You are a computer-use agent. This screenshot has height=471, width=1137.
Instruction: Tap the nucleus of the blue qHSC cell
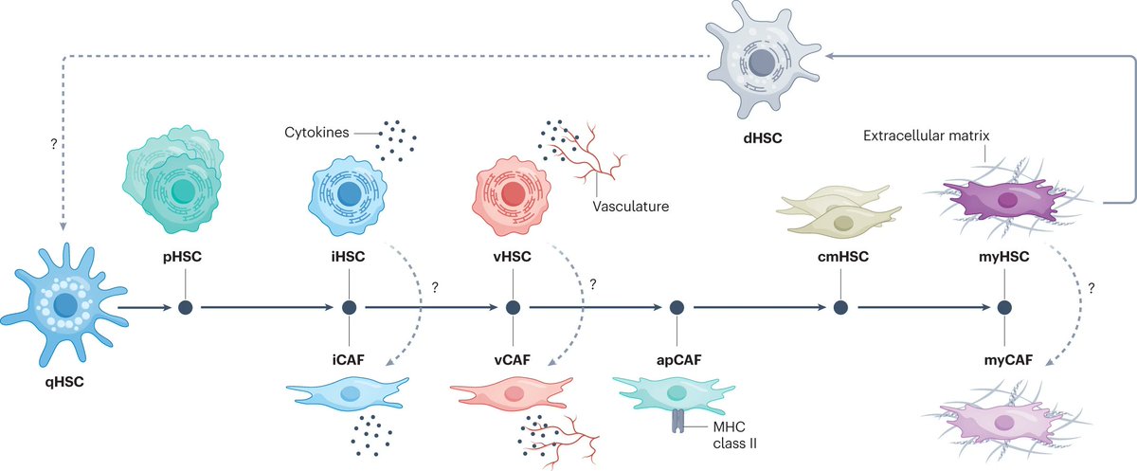pos(65,305)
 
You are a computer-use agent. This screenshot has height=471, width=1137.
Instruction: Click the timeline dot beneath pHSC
pos(186,307)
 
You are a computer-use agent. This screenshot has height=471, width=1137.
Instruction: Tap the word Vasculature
pos(630,204)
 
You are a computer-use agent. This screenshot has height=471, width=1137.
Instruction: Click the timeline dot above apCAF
pos(677,307)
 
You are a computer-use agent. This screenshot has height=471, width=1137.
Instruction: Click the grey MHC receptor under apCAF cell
pos(678,421)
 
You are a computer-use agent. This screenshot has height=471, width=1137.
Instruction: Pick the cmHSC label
pos(839,256)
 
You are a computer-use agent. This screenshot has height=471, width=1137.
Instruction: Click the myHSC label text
pos(1004,256)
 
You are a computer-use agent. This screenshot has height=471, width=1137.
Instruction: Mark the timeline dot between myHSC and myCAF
pos(1004,307)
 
